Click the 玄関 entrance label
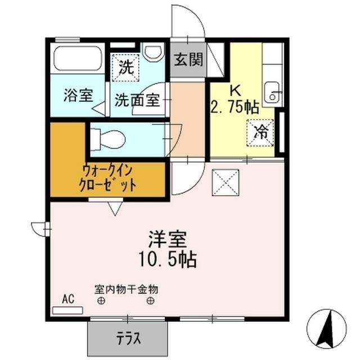coord(188,60)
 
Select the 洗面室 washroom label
coord(137,100)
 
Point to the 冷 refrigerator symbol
coord(260,133)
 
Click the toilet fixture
coord(107,138)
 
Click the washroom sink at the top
coord(152,53)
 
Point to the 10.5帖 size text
coord(168,260)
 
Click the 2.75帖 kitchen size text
coord(236,107)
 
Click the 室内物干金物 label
coord(126,290)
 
